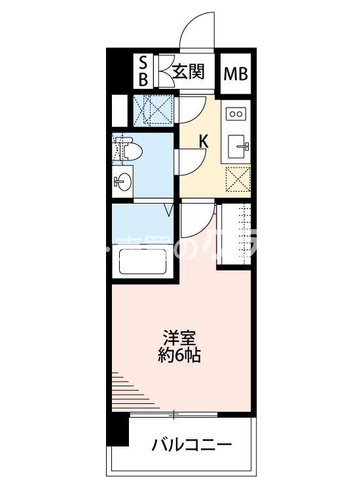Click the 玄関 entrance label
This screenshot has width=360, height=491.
point(189,71)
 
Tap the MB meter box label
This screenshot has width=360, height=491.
point(236,73)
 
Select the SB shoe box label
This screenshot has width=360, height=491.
point(143,71)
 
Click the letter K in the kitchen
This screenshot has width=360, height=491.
point(204,139)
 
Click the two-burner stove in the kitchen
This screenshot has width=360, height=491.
point(235,114)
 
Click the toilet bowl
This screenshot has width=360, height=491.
point(132,150)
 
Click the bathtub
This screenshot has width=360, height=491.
point(143,263)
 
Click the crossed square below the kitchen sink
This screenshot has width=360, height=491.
point(236,178)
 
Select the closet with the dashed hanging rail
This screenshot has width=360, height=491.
point(236,235)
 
